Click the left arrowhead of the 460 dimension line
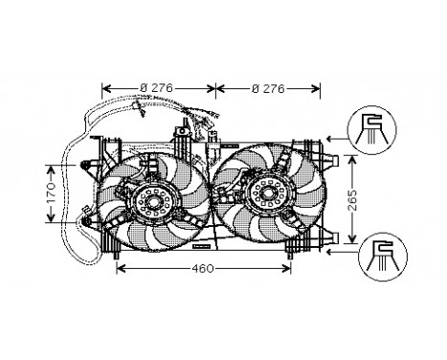tap(120, 270)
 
